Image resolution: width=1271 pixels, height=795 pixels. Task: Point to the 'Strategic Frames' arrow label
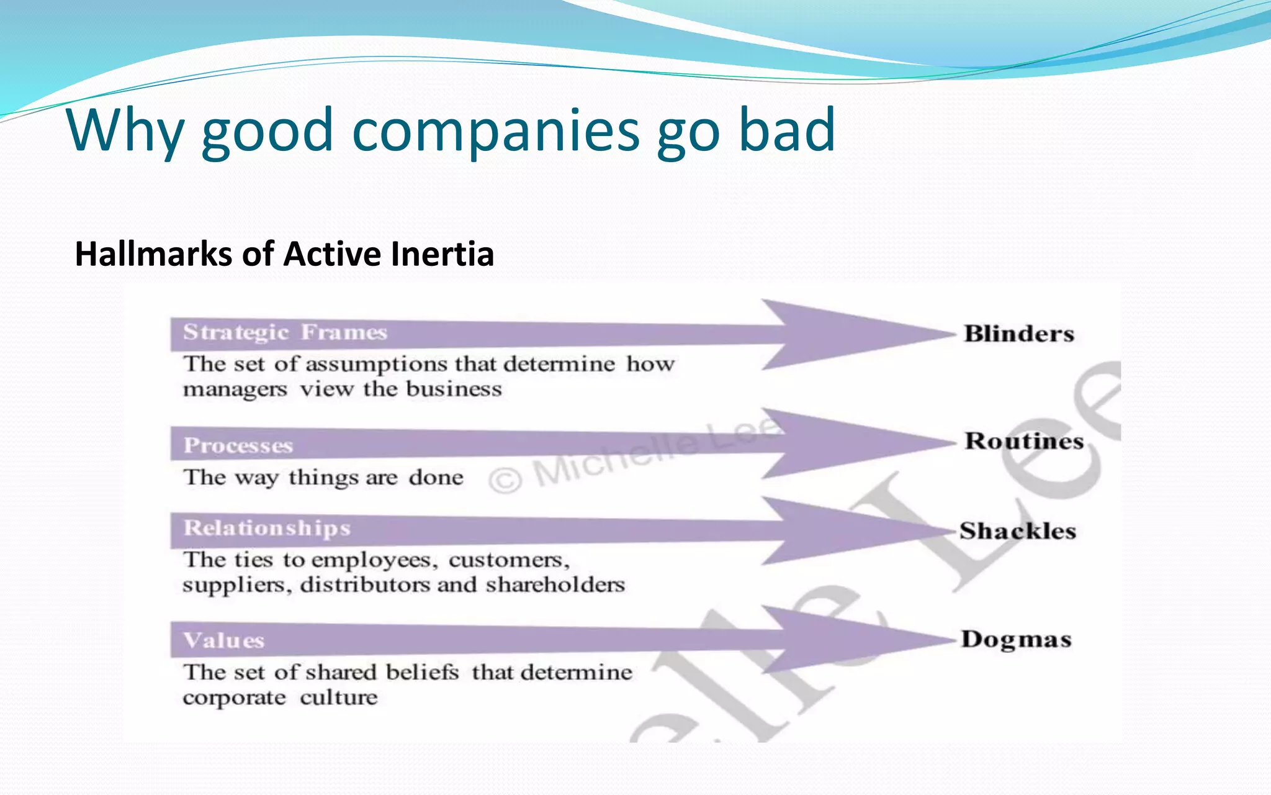coord(285,333)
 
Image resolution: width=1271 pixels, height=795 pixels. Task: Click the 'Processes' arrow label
coord(238,446)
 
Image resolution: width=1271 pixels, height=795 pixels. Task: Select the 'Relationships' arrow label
coord(267,528)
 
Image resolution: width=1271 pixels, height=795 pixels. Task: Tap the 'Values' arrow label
coord(224,640)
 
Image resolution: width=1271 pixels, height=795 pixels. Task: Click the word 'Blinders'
coord(1019,334)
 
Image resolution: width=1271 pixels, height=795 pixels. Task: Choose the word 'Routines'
coord(1024,441)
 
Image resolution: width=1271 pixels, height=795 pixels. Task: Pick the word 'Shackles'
coord(1018,531)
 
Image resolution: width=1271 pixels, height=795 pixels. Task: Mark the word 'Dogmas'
coord(1017,640)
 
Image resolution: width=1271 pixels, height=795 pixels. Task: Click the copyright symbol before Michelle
coord(505,480)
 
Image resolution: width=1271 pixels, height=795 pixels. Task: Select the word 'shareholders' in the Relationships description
coord(555,585)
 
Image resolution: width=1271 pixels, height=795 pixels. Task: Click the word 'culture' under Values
coord(338,697)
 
